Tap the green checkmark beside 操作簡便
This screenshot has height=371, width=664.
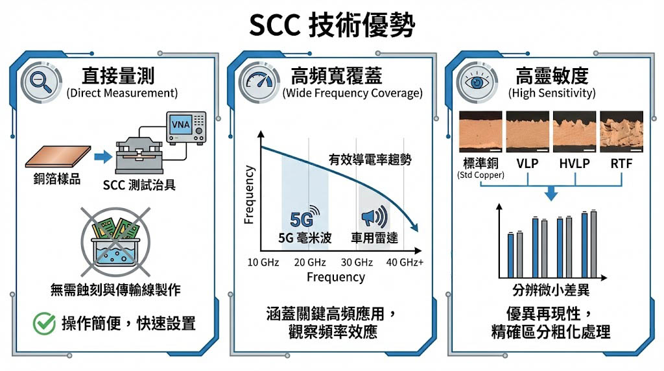(x=44, y=323)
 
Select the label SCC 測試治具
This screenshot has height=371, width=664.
(x=139, y=185)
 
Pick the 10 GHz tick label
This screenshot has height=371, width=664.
(x=263, y=262)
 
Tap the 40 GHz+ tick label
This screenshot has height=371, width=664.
(x=405, y=262)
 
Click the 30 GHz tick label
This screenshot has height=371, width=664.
(x=357, y=262)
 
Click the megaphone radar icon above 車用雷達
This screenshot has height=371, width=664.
(x=372, y=217)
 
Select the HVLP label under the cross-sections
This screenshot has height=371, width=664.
(x=575, y=163)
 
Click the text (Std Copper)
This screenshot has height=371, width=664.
(x=480, y=175)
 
